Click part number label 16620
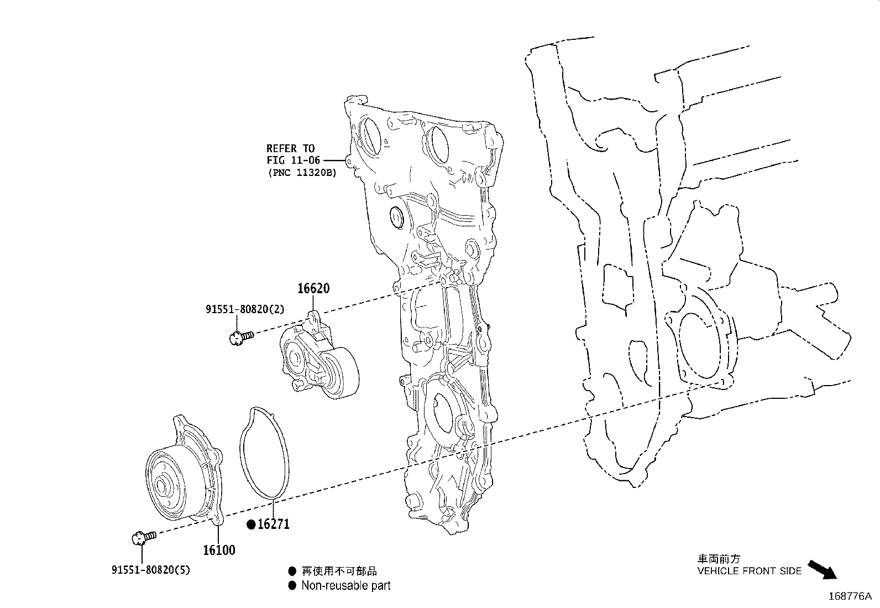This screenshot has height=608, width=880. click(313, 288)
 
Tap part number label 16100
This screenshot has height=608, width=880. click(219, 550)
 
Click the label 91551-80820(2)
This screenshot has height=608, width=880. click(245, 309)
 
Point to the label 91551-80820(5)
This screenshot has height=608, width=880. click(150, 569)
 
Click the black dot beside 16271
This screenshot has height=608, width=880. click(251, 524)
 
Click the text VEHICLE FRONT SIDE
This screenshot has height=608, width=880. click(749, 571)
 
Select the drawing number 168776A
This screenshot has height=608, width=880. click(850, 596)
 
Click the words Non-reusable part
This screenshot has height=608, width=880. click(345, 585)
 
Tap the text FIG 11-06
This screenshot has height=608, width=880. click(293, 160)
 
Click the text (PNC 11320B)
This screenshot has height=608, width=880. click(301, 172)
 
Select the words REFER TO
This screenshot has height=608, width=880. click(290, 148)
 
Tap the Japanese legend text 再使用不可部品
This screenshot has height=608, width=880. click(339, 571)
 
